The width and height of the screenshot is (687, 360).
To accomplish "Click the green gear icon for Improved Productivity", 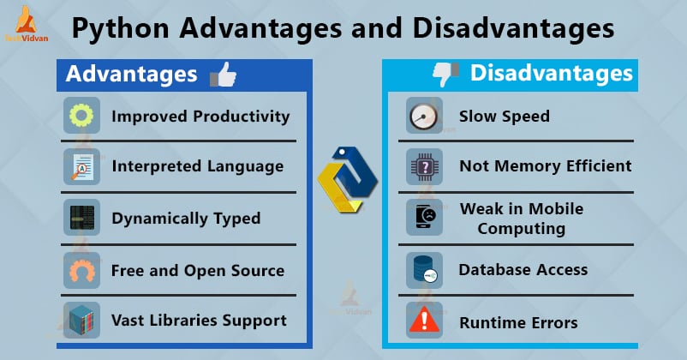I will pyautogui.click(x=81, y=117).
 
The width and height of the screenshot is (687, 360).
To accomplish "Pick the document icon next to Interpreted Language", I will pyautogui.click(x=81, y=166).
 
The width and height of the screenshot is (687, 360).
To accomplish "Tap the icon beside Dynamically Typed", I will pyautogui.click(x=81, y=218).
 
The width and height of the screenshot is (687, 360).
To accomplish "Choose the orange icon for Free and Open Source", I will pyautogui.click(x=81, y=270).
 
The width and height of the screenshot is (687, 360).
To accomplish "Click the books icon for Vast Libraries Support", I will pyautogui.click(x=81, y=321).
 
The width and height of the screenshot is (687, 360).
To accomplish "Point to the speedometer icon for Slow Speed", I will pyautogui.click(x=424, y=117).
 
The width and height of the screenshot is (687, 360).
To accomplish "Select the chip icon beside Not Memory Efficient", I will pyautogui.click(x=424, y=166).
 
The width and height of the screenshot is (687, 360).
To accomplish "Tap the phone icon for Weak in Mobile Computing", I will pyautogui.click(x=424, y=218).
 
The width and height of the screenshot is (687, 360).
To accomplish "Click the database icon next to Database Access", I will pyautogui.click(x=424, y=270).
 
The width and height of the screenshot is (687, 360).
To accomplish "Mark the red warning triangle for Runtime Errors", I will pyautogui.click(x=424, y=322).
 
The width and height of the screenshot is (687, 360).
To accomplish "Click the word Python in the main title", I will pyautogui.click(x=120, y=29).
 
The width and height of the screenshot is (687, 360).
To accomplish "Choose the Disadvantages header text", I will pyautogui.click(x=552, y=74).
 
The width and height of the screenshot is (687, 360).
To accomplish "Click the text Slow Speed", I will pyautogui.click(x=504, y=117).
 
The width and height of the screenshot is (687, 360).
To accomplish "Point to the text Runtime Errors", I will pyautogui.click(x=518, y=322).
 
